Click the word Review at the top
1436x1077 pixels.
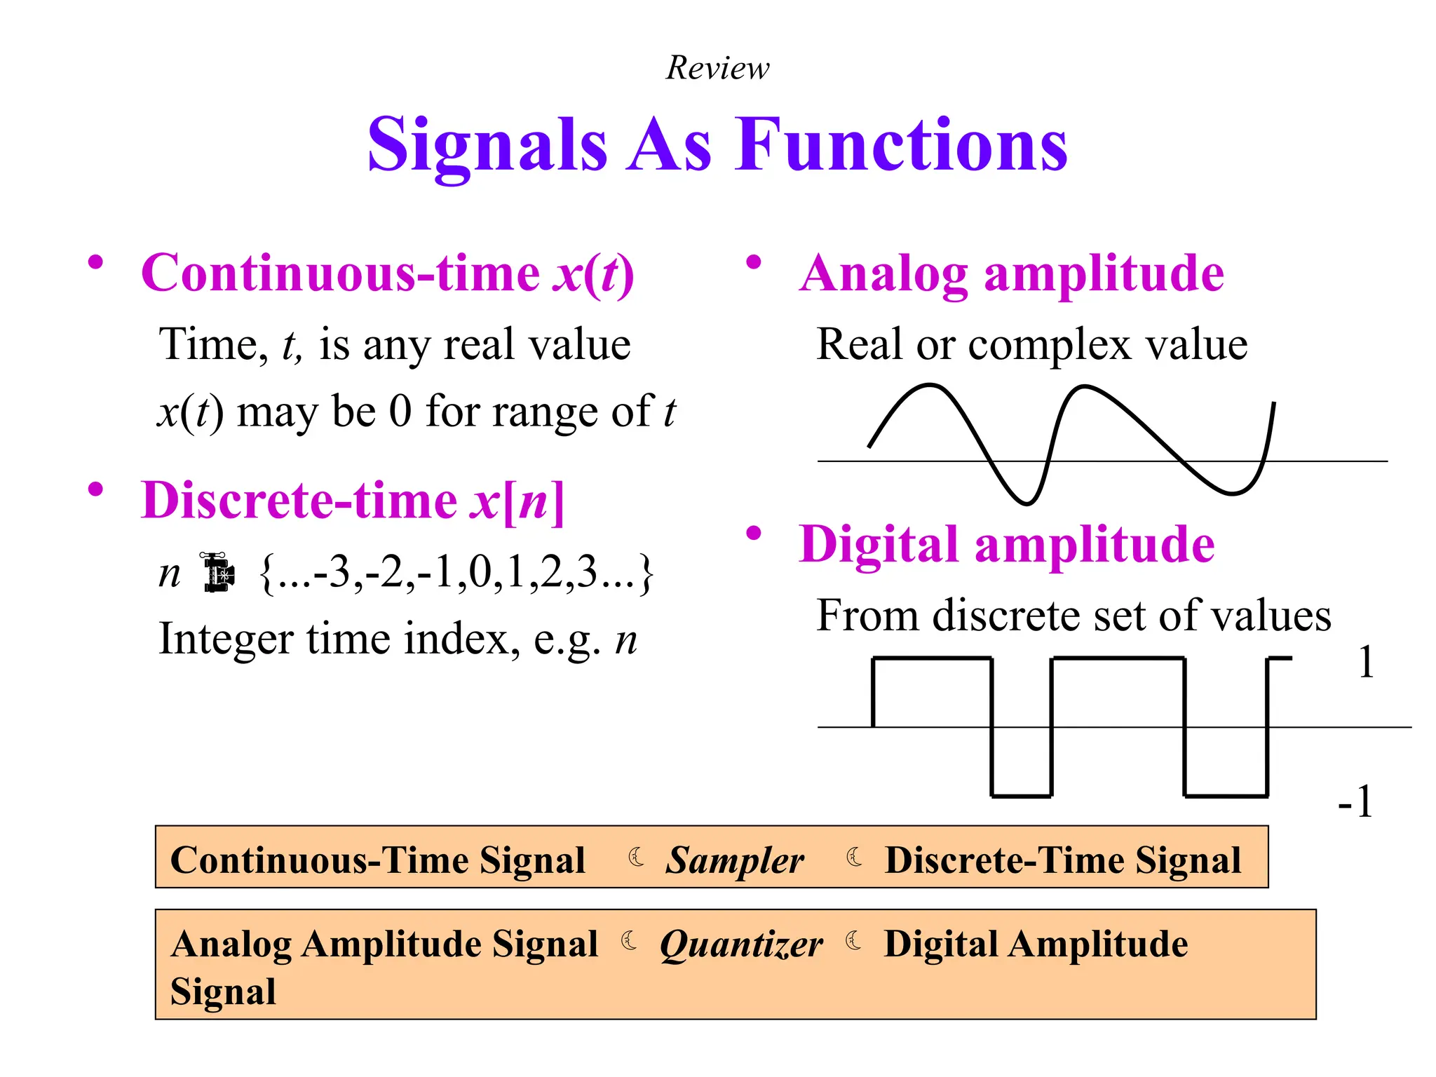click(717, 68)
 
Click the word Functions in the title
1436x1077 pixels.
click(901, 144)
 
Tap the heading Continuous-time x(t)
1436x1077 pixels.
click(387, 273)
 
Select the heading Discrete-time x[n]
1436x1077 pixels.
click(352, 501)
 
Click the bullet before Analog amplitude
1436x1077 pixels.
click(753, 263)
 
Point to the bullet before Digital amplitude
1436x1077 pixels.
click(753, 534)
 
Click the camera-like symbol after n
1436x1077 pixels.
click(219, 573)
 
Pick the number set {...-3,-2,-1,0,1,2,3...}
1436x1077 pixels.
click(456, 573)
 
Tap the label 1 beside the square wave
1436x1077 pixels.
click(1366, 662)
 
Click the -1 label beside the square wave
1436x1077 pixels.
click(1355, 801)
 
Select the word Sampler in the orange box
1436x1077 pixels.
click(734, 860)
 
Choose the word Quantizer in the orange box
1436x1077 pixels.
click(741, 944)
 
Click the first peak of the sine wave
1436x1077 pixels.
click(929, 386)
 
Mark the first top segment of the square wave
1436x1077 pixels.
click(932, 658)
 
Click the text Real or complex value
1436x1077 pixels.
click(1031, 344)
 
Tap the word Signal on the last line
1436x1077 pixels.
click(223, 991)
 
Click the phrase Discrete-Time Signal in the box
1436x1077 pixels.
click(1062, 860)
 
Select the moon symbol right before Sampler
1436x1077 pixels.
click(636, 857)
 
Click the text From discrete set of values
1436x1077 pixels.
click(1073, 616)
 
